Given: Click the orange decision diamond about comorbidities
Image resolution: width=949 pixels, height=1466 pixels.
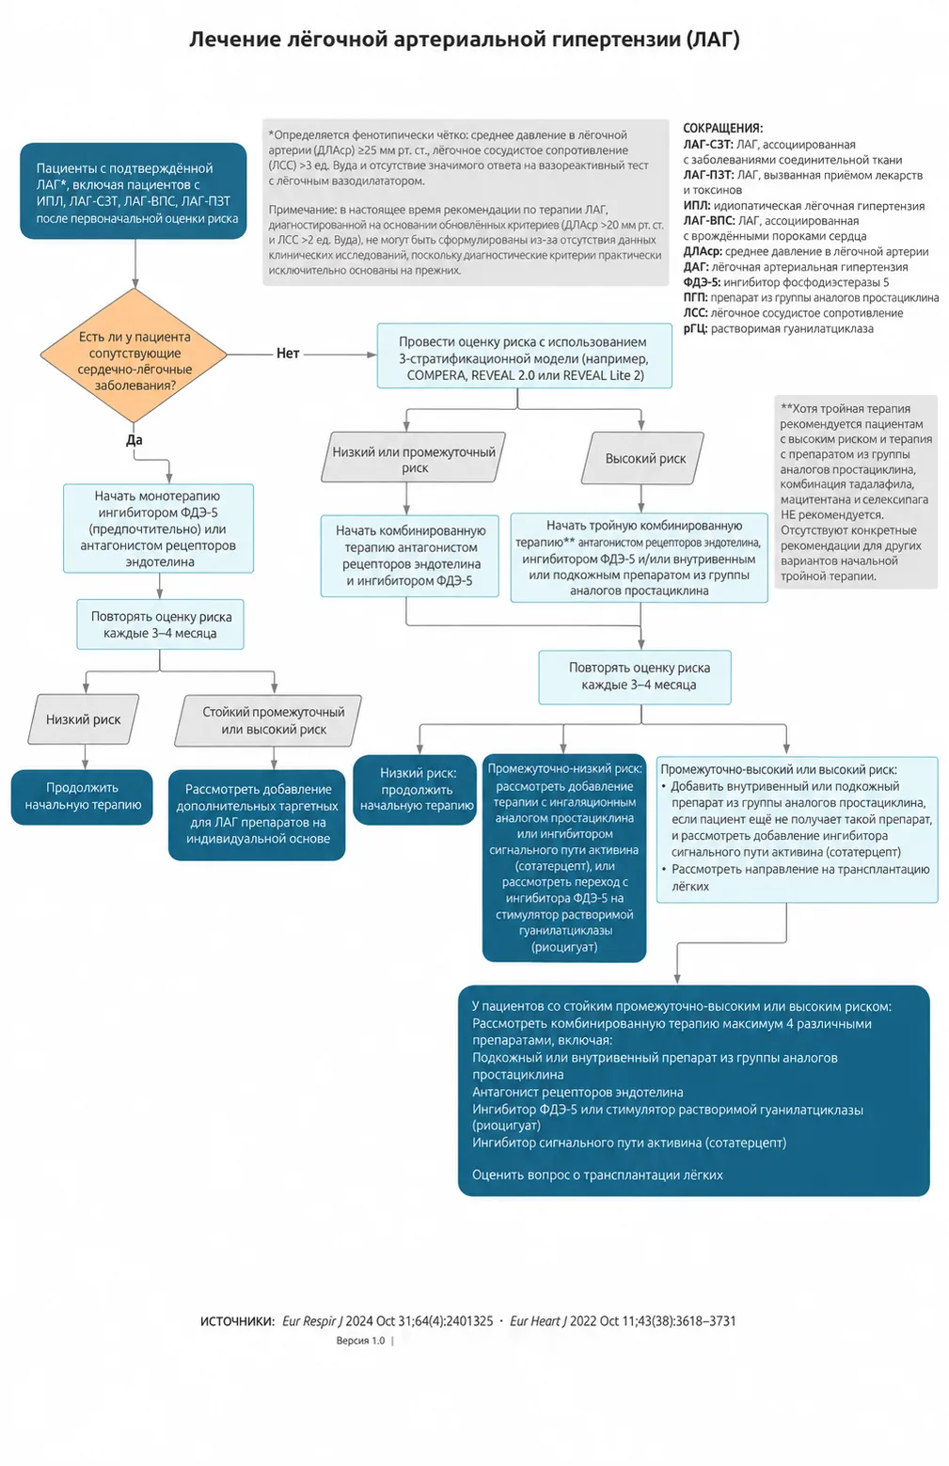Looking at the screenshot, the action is pos(134,355).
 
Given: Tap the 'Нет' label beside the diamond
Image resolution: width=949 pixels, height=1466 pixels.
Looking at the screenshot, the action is pos(288,354).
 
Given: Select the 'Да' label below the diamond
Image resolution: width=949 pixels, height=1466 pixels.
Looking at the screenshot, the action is pos(134,440).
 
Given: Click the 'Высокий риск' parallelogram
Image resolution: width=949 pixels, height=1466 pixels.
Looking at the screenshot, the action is pos(642,458).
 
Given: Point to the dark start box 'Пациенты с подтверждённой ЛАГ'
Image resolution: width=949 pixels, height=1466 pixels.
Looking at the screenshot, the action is pos(134,191).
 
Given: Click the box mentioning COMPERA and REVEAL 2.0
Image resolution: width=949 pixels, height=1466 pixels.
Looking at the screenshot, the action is pos(524,356).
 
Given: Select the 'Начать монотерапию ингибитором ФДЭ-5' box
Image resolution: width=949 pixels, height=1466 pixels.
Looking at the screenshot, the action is pos(158,528).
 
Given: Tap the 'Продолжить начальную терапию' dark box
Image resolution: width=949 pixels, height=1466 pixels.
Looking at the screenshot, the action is pos(82,796).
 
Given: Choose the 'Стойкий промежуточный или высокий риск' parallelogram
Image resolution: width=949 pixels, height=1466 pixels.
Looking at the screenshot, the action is pos(268,720).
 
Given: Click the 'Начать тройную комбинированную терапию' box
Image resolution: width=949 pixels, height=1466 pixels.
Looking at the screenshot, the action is pos(640,558).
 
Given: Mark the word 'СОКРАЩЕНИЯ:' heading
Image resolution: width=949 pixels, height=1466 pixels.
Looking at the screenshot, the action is pos(722,128).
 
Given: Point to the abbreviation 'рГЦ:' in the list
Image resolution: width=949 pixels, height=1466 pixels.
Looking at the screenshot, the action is pos(695,328).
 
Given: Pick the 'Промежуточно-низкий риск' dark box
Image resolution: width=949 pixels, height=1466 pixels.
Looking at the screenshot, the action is pos(564,858).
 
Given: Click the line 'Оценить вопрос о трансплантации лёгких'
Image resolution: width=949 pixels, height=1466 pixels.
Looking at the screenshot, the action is pos(597,1174).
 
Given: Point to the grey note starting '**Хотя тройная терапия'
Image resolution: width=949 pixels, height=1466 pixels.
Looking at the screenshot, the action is pos(856,492).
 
